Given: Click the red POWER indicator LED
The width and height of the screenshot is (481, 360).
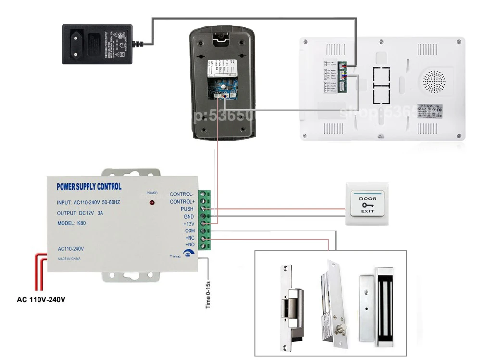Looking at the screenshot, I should pos(152,202).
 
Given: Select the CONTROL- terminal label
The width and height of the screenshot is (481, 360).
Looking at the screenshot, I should pos(182,194).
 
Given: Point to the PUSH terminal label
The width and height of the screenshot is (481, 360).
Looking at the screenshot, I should pos(187,209).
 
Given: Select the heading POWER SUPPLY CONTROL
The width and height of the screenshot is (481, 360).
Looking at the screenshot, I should pos(89,187).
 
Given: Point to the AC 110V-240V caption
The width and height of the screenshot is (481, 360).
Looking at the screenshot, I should pos(41,299).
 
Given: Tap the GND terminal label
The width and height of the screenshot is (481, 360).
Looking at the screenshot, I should pos(189,216).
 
